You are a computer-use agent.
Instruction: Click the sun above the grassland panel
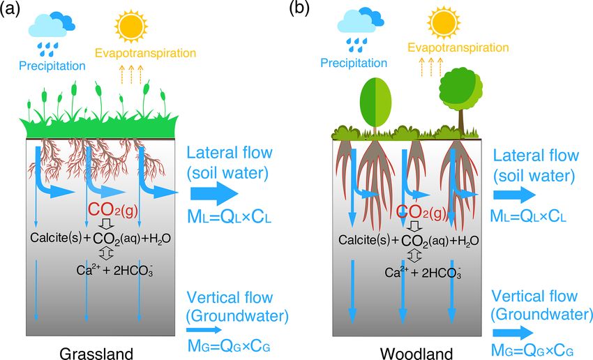click(131, 27)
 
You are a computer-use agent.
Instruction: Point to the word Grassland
click(96, 354)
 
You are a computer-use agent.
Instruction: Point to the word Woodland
click(416, 354)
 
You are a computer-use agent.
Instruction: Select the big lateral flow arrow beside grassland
click(214, 193)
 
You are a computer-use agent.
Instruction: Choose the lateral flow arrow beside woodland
click(514, 195)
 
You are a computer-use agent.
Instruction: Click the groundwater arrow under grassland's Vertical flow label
click(204, 330)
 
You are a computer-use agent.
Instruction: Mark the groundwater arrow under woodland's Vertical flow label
click(513, 333)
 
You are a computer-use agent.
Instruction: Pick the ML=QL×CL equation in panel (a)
click(230, 217)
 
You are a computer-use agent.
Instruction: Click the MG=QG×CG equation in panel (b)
click(532, 350)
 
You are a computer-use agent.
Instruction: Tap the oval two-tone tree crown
click(375, 102)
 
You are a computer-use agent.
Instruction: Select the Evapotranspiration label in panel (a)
click(145, 53)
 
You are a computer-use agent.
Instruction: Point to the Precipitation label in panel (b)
click(354, 63)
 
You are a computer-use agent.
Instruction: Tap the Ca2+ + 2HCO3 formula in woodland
click(423, 272)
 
